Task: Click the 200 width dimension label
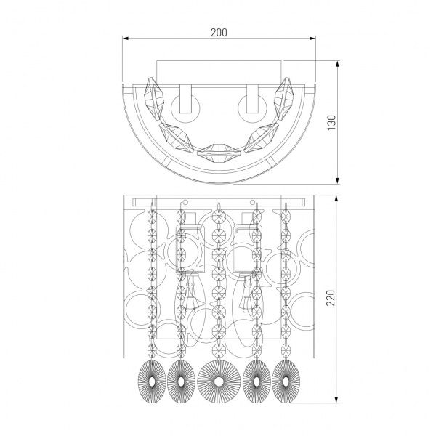[218, 31]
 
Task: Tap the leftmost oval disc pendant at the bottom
[149, 378]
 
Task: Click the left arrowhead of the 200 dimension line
[125, 40]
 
